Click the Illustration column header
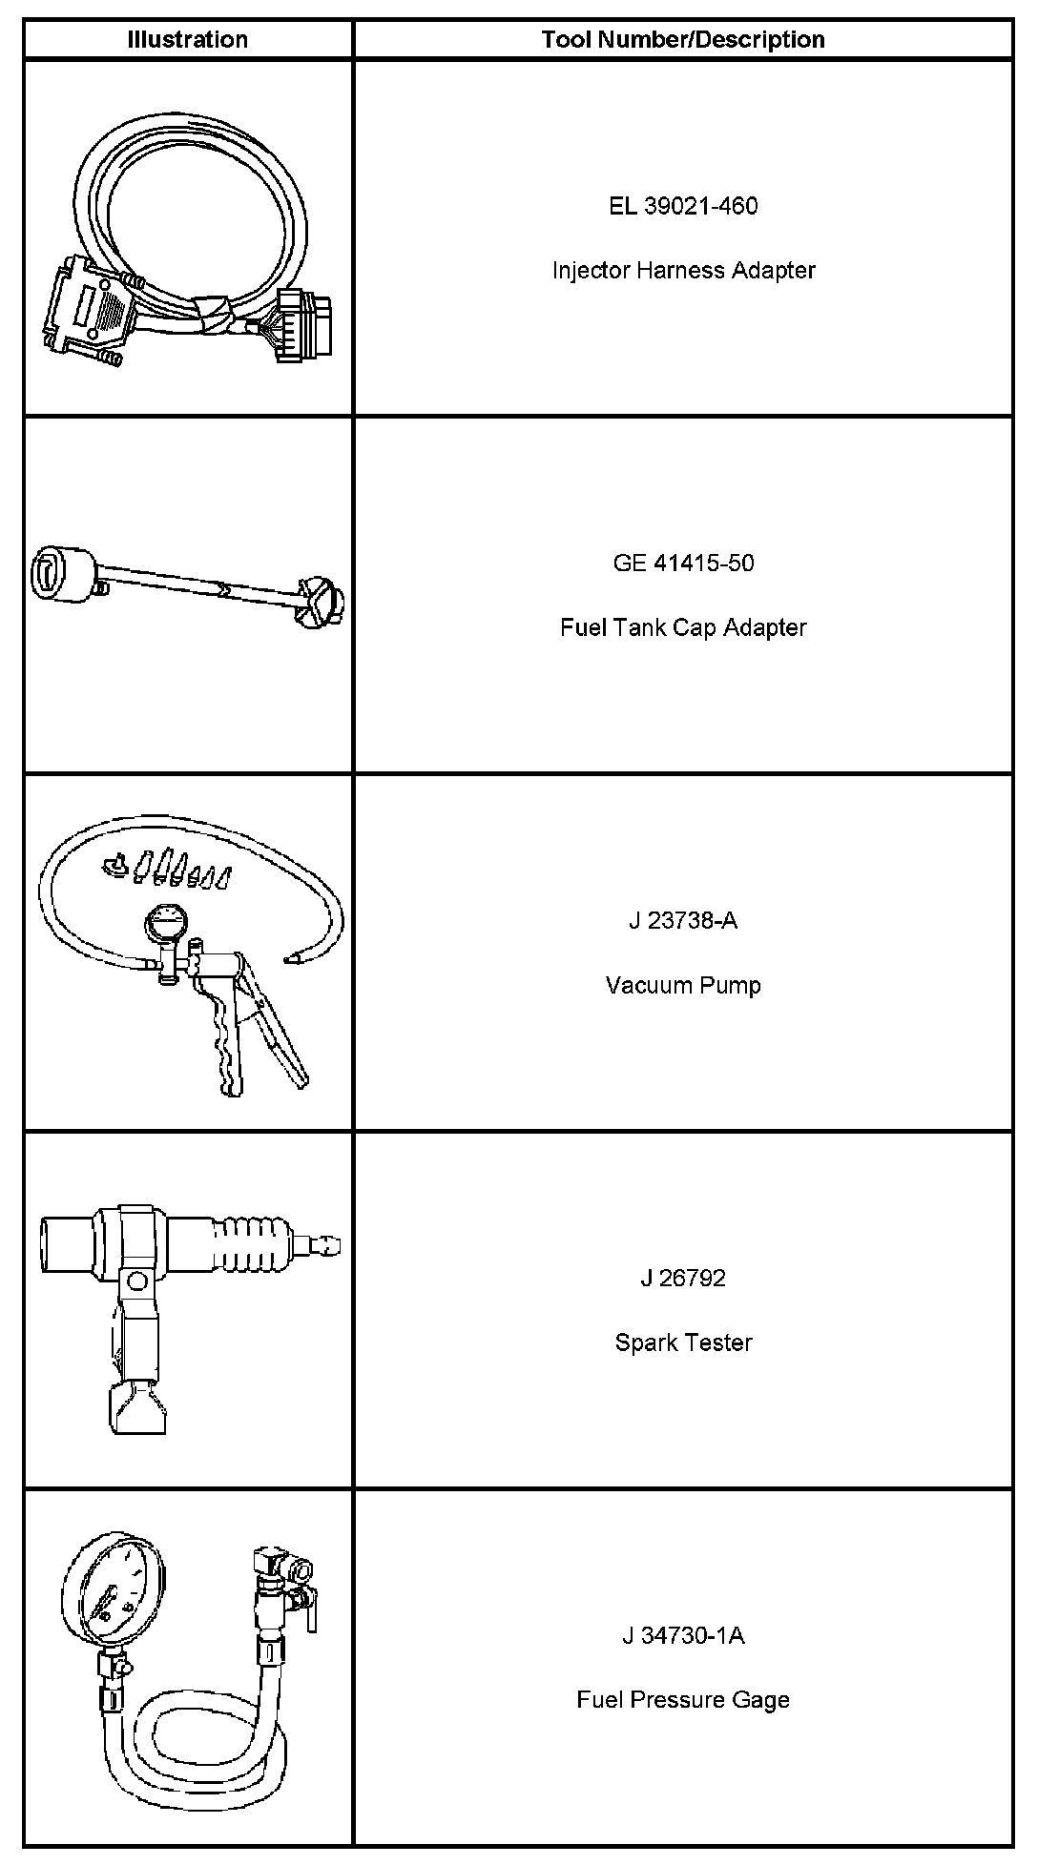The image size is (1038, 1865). point(188,39)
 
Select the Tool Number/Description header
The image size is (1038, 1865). point(683,39)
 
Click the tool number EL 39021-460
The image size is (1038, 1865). point(683,206)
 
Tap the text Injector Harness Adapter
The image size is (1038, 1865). point(683,271)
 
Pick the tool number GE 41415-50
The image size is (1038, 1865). point(683,563)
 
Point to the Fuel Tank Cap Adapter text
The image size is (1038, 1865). point(683,627)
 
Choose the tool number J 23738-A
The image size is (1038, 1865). point(683,921)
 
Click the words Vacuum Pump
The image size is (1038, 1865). point(683,985)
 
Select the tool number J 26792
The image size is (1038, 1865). point(683,1278)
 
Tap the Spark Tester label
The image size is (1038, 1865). point(683,1342)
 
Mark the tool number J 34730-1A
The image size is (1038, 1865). point(683,1635)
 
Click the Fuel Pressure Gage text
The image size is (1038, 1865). point(683,1699)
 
